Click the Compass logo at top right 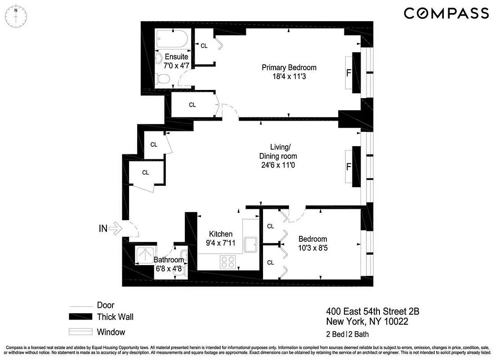point(446,13)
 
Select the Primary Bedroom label point(289,67)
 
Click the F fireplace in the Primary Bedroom point(348,72)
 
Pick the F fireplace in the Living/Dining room point(348,167)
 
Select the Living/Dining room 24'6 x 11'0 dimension point(278,165)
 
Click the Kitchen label point(221,234)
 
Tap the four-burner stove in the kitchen point(228,261)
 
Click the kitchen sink point(251,245)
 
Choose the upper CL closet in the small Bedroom point(270,226)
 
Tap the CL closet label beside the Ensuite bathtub point(204,45)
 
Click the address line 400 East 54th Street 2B point(373,311)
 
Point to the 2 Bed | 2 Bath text point(347,334)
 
